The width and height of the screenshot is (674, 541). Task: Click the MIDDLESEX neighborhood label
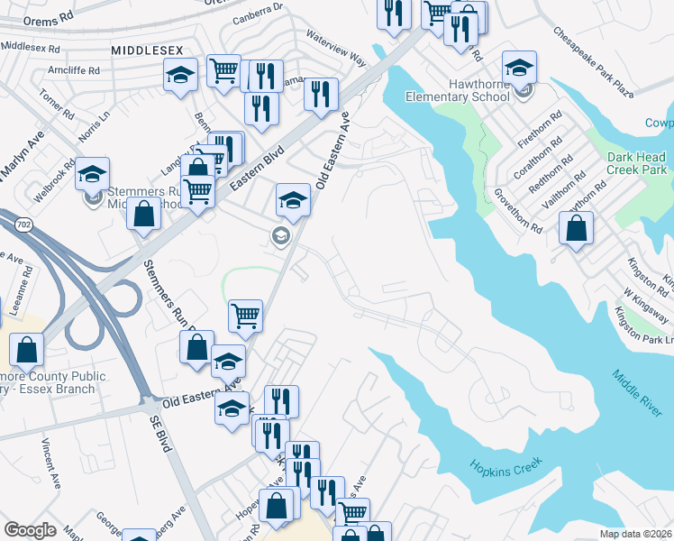click(x=146, y=52)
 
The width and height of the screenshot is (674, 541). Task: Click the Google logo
click(x=30, y=530)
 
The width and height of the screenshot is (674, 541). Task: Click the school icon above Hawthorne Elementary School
click(x=519, y=68)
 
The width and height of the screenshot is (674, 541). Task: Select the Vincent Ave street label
click(x=50, y=463)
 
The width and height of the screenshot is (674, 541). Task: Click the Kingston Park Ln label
click(x=643, y=325)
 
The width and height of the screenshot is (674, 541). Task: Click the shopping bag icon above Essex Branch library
click(x=29, y=350)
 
